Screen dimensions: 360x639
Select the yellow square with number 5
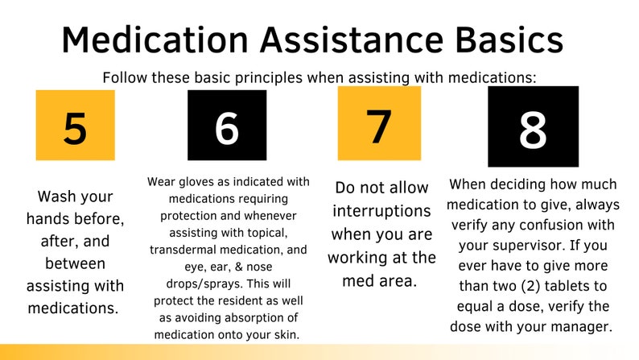click(x=75, y=125)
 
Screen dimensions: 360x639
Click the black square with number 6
click(x=227, y=125)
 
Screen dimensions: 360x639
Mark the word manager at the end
click(x=583, y=326)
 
